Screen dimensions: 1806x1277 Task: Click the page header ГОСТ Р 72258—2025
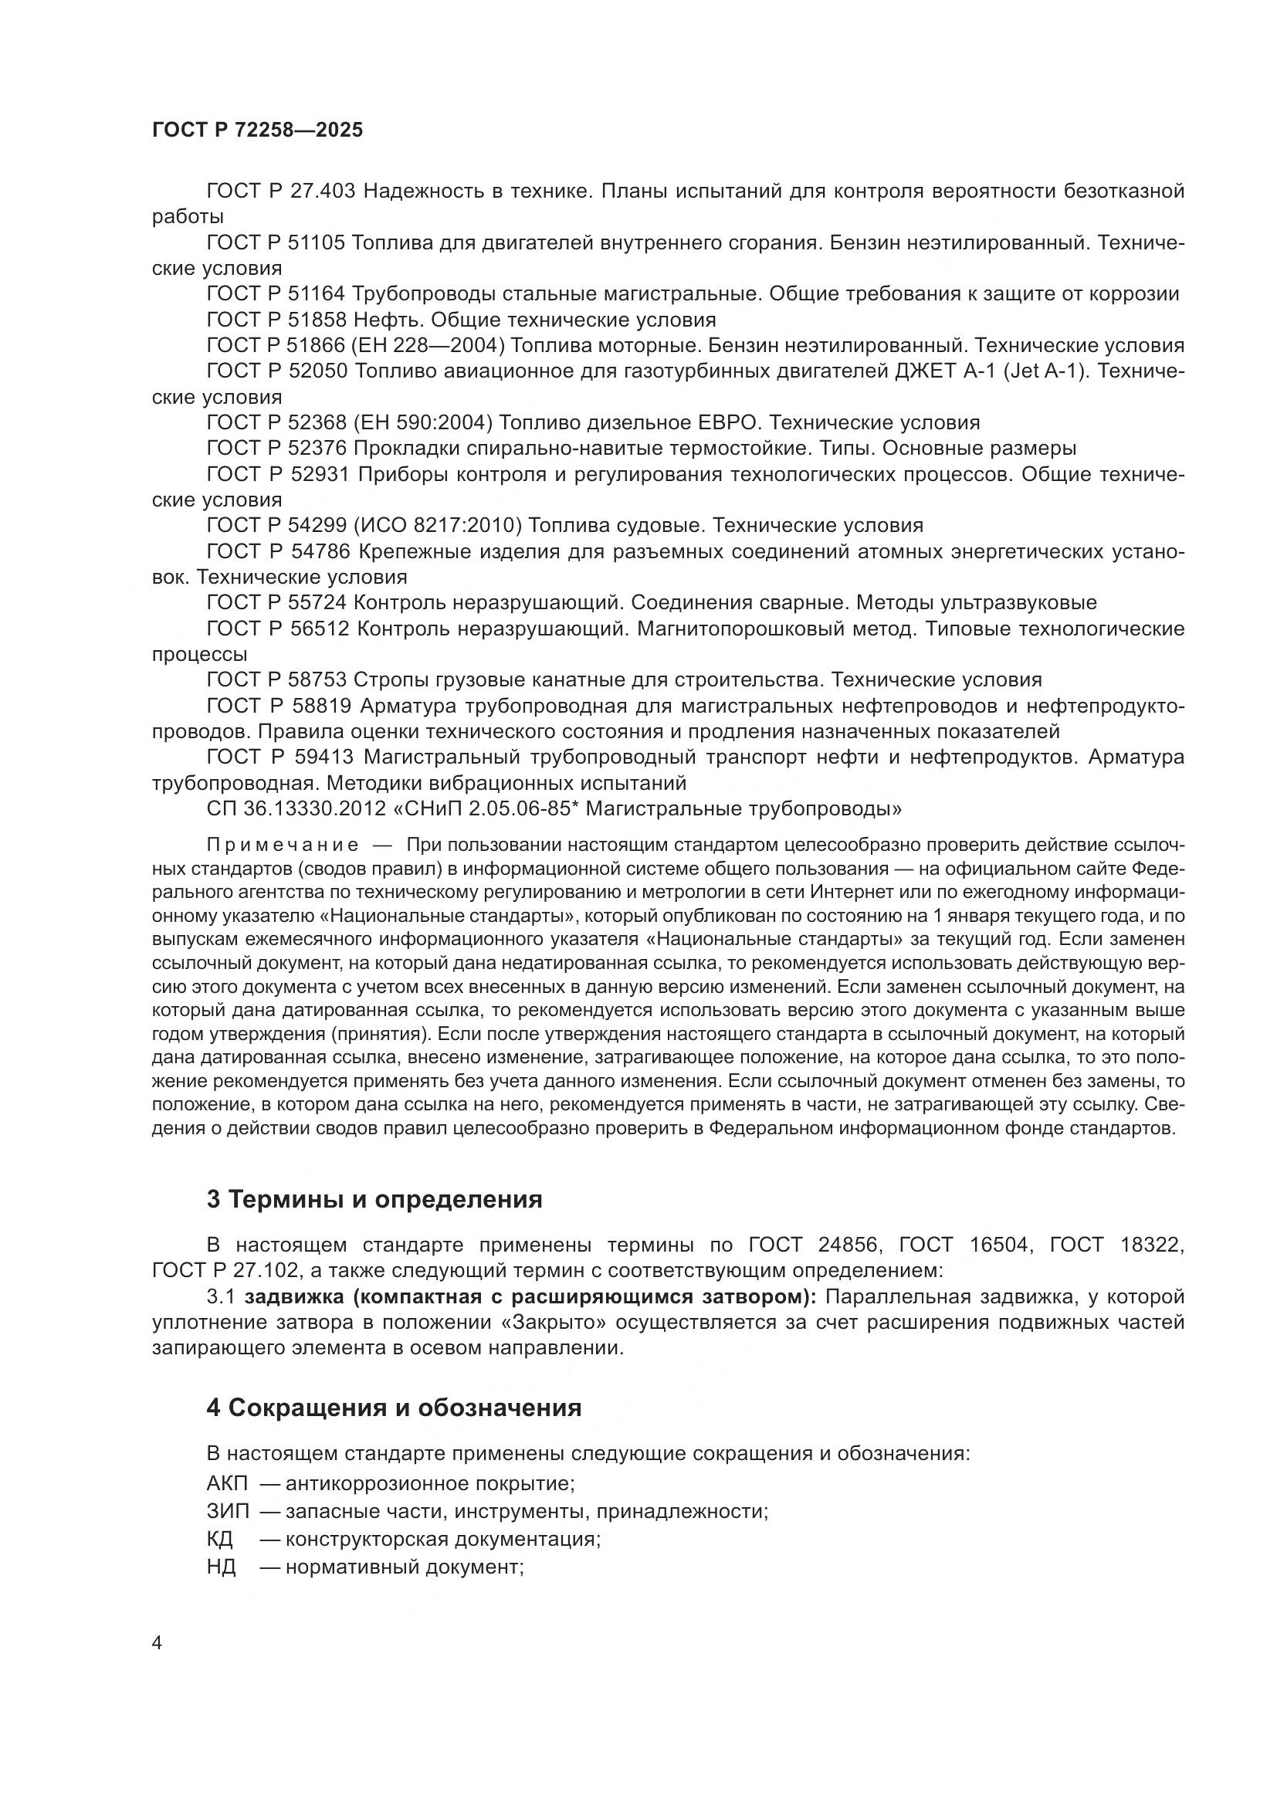tap(257, 130)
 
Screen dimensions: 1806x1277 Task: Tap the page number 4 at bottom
tap(158, 1643)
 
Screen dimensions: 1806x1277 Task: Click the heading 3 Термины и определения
tap(374, 1199)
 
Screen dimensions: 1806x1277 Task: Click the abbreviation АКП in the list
tap(226, 1483)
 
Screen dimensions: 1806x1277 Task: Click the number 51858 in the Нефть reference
tap(316, 320)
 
